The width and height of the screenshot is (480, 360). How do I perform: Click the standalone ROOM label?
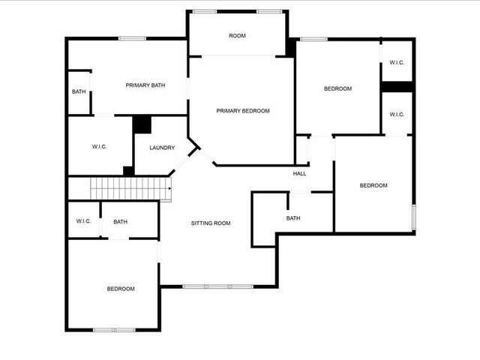tap(237, 36)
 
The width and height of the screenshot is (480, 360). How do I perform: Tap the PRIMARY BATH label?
tap(145, 85)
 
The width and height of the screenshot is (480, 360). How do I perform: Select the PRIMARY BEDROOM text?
tap(242, 111)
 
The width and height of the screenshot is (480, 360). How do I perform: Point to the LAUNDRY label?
tap(162, 148)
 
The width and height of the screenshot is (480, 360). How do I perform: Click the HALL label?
tap(299, 174)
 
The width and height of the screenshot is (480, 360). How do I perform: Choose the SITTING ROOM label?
tap(211, 223)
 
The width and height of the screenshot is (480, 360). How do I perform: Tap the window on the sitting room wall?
tap(217, 286)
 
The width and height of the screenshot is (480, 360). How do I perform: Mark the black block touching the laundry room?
tap(142, 124)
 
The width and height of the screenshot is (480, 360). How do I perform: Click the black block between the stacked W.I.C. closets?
tap(397, 86)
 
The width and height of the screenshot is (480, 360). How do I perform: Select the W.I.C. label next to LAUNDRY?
tap(99, 147)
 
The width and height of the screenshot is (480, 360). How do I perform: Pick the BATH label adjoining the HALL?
tap(293, 218)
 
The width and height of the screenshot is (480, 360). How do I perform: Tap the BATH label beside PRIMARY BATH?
tap(79, 91)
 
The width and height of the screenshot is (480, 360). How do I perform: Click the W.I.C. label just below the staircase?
tap(83, 221)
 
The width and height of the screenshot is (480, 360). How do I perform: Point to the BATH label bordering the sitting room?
tap(120, 221)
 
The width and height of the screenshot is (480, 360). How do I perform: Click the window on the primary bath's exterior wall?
tap(132, 38)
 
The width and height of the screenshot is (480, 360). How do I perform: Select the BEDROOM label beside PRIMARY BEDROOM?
tap(337, 89)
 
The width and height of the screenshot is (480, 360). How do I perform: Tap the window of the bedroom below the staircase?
tap(114, 329)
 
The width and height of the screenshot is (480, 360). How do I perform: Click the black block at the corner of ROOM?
tap(290, 46)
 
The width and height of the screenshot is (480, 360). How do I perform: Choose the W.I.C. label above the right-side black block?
tap(397, 62)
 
